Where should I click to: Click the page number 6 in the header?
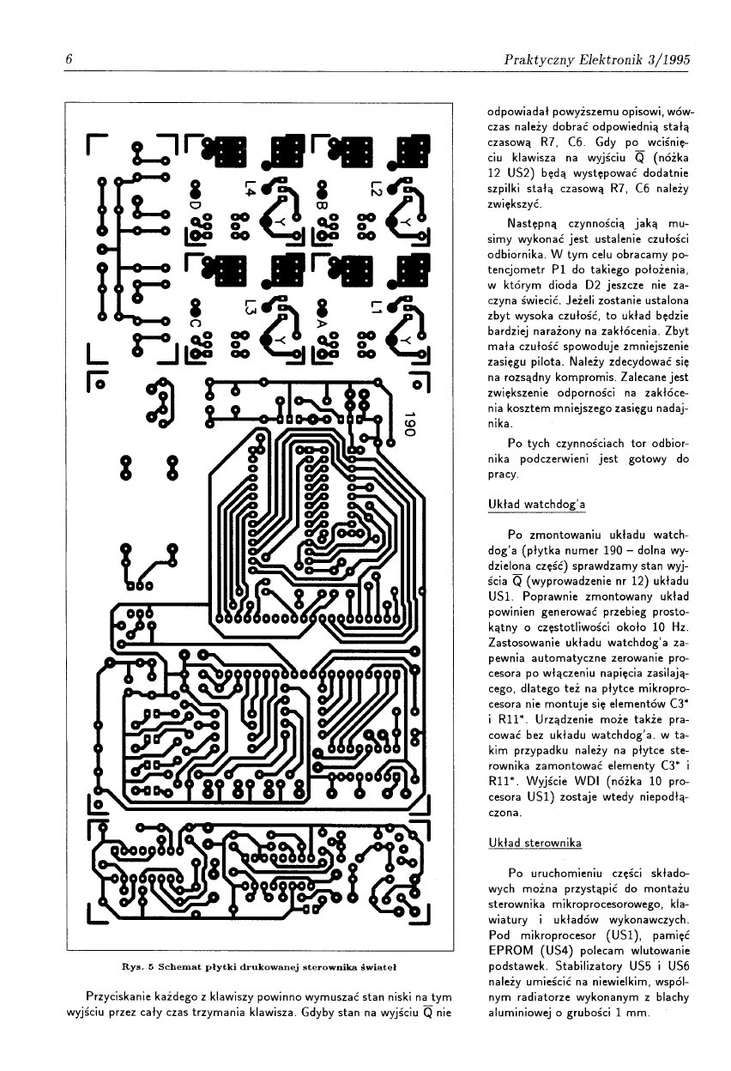pyautogui.click(x=68, y=60)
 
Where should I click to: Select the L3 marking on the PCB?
pyautogui.click(x=250, y=305)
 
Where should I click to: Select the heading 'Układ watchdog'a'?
pyautogui.click(x=535, y=505)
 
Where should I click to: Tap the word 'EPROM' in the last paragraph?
pyautogui.click(x=513, y=950)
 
